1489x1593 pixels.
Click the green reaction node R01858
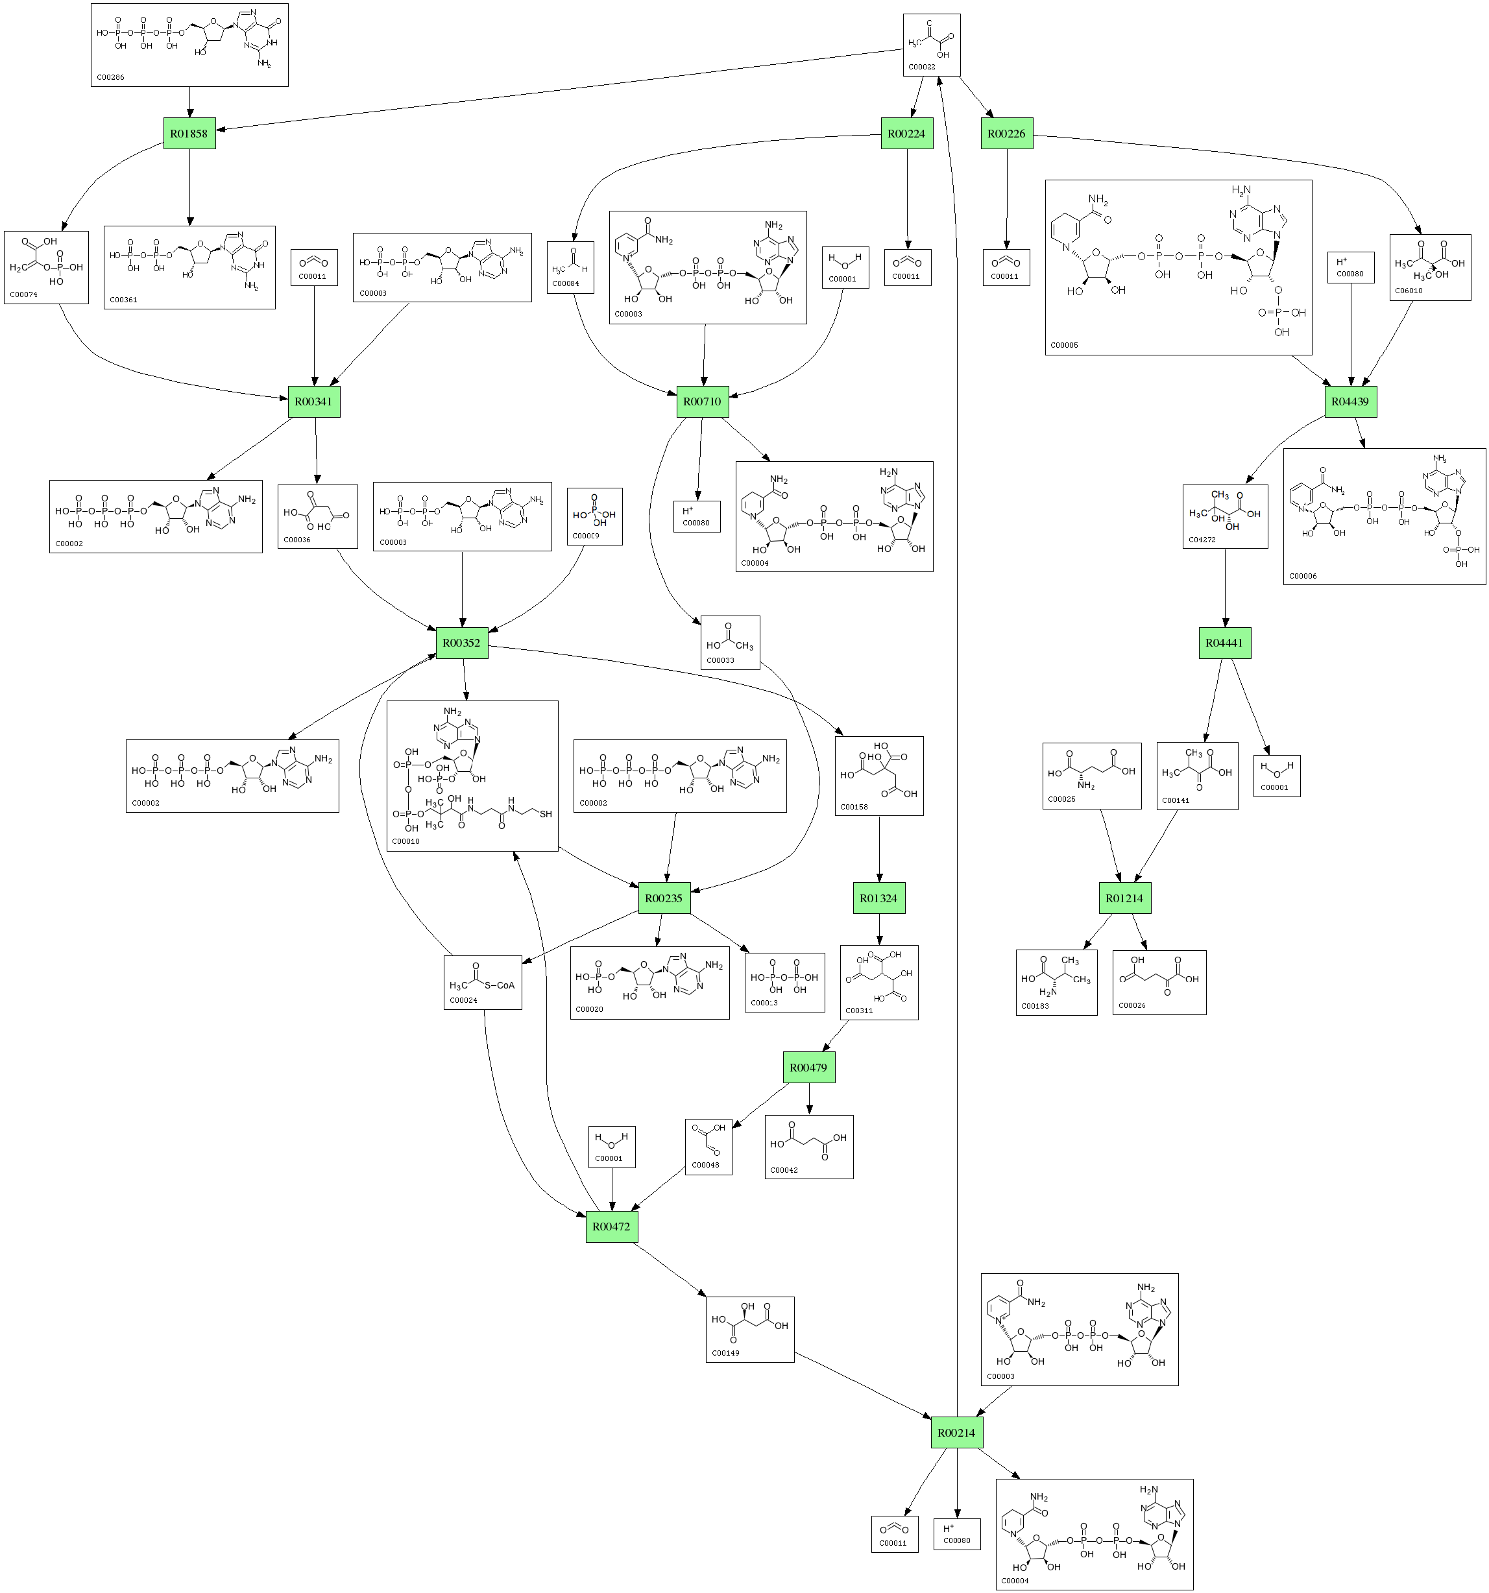pyautogui.click(x=189, y=134)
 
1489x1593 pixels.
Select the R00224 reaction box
pyautogui.click(x=906, y=134)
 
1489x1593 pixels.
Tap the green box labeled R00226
pyautogui.click(x=1006, y=134)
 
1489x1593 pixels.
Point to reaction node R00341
pyautogui.click(x=313, y=401)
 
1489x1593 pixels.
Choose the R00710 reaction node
pyautogui.click(x=702, y=401)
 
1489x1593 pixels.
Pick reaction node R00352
pyautogui.click(x=461, y=643)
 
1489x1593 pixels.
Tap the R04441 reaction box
pyautogui.click(x=1224, y=643)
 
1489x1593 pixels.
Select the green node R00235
pyautogui.click(x=664, y=898)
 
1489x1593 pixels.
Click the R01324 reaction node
pyautogui.click(x=878, y=898)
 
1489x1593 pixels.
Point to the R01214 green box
pyautogui.click(x=1124, y=898)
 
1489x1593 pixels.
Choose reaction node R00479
pyautogui.click(x=808, y=1068)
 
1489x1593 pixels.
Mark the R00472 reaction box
pyautogui.click(x=611, y=1227)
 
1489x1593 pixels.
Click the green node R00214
pyautogui.click(x=957, y=1432)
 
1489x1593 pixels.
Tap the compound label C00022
pyautogui.click(x=921, y=67)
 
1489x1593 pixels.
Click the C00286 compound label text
pyautogui.click(x=110, y=78)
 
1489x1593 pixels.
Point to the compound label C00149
pyautogui.click(x=725, y=1352)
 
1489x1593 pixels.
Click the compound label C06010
pyautogui.click(x=1408, y=291)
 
